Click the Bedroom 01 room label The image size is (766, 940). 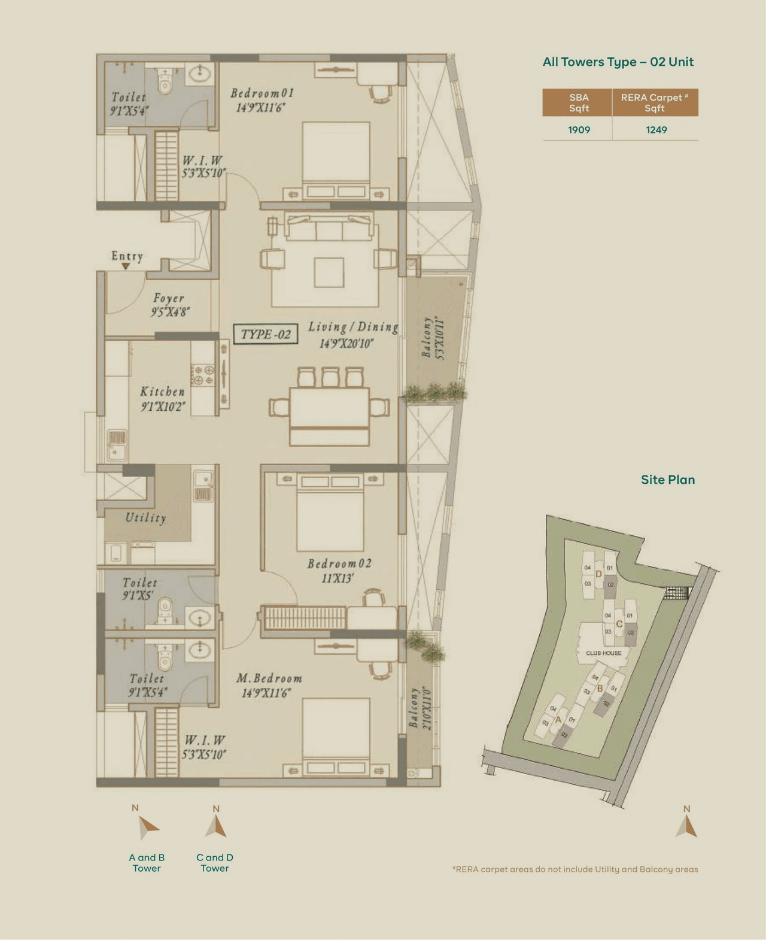click(x=262, y=93)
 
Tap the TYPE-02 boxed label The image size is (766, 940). click(x=266, y=334)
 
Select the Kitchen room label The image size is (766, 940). click(x=162, y=392)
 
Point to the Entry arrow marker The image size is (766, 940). click(x=126, y=266)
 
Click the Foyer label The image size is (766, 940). click(x=169, y=298)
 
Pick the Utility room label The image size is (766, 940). click(x=145, y=518)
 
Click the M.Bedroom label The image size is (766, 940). click(x=269, y=678)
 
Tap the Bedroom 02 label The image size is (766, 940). click(x=339, y=563)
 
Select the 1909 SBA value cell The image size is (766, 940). click(x=579, y=130)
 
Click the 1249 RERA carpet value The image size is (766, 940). click(x=656, y=130)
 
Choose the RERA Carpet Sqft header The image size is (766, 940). click(x=655, y=103)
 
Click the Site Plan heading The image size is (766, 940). click(x=668, y=480)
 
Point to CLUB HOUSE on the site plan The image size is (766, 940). click(x=603, y=653)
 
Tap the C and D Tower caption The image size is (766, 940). click(x=215, y=863)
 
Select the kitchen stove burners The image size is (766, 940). click(x=202, y=375)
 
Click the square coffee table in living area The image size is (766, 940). click(x=329, y=272)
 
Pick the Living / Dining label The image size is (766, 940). click(x=353, y=327)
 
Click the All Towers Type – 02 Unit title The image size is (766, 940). click(x=618, y=62)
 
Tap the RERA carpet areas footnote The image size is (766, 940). click(x=575, y=869)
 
